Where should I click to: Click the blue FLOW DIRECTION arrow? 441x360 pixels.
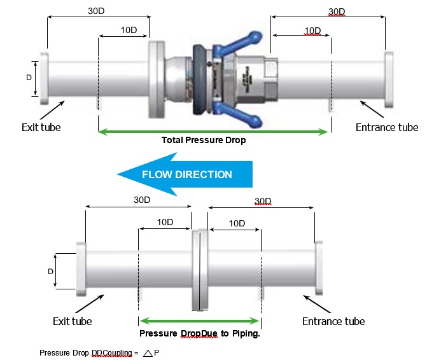[x=185, y=174]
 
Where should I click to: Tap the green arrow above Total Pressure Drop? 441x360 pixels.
[x=213, y=132]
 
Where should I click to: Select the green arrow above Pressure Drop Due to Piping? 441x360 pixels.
[x=200, y=321]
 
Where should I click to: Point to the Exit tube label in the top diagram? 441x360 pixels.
[x=41, y=127]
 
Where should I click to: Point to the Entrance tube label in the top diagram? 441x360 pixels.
[x=387, y=127]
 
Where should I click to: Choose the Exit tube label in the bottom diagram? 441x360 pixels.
[x=72, y=321]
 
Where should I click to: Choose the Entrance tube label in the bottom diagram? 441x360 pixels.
[x=333, y=321]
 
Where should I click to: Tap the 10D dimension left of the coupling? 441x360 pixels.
[x=129, y=31]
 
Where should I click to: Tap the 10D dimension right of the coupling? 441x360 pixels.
[x=312, y=31]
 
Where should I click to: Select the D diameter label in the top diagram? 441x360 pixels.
[x=28, y=78]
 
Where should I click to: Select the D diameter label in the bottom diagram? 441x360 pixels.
[x=50, y=271]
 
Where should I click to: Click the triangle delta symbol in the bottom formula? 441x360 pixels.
[x=148, y=352]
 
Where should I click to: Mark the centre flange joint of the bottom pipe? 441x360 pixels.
[x=200, y=270]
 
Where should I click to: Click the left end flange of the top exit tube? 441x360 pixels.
[x=44, y=78]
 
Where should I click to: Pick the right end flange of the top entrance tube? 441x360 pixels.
[x=389, y=78]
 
